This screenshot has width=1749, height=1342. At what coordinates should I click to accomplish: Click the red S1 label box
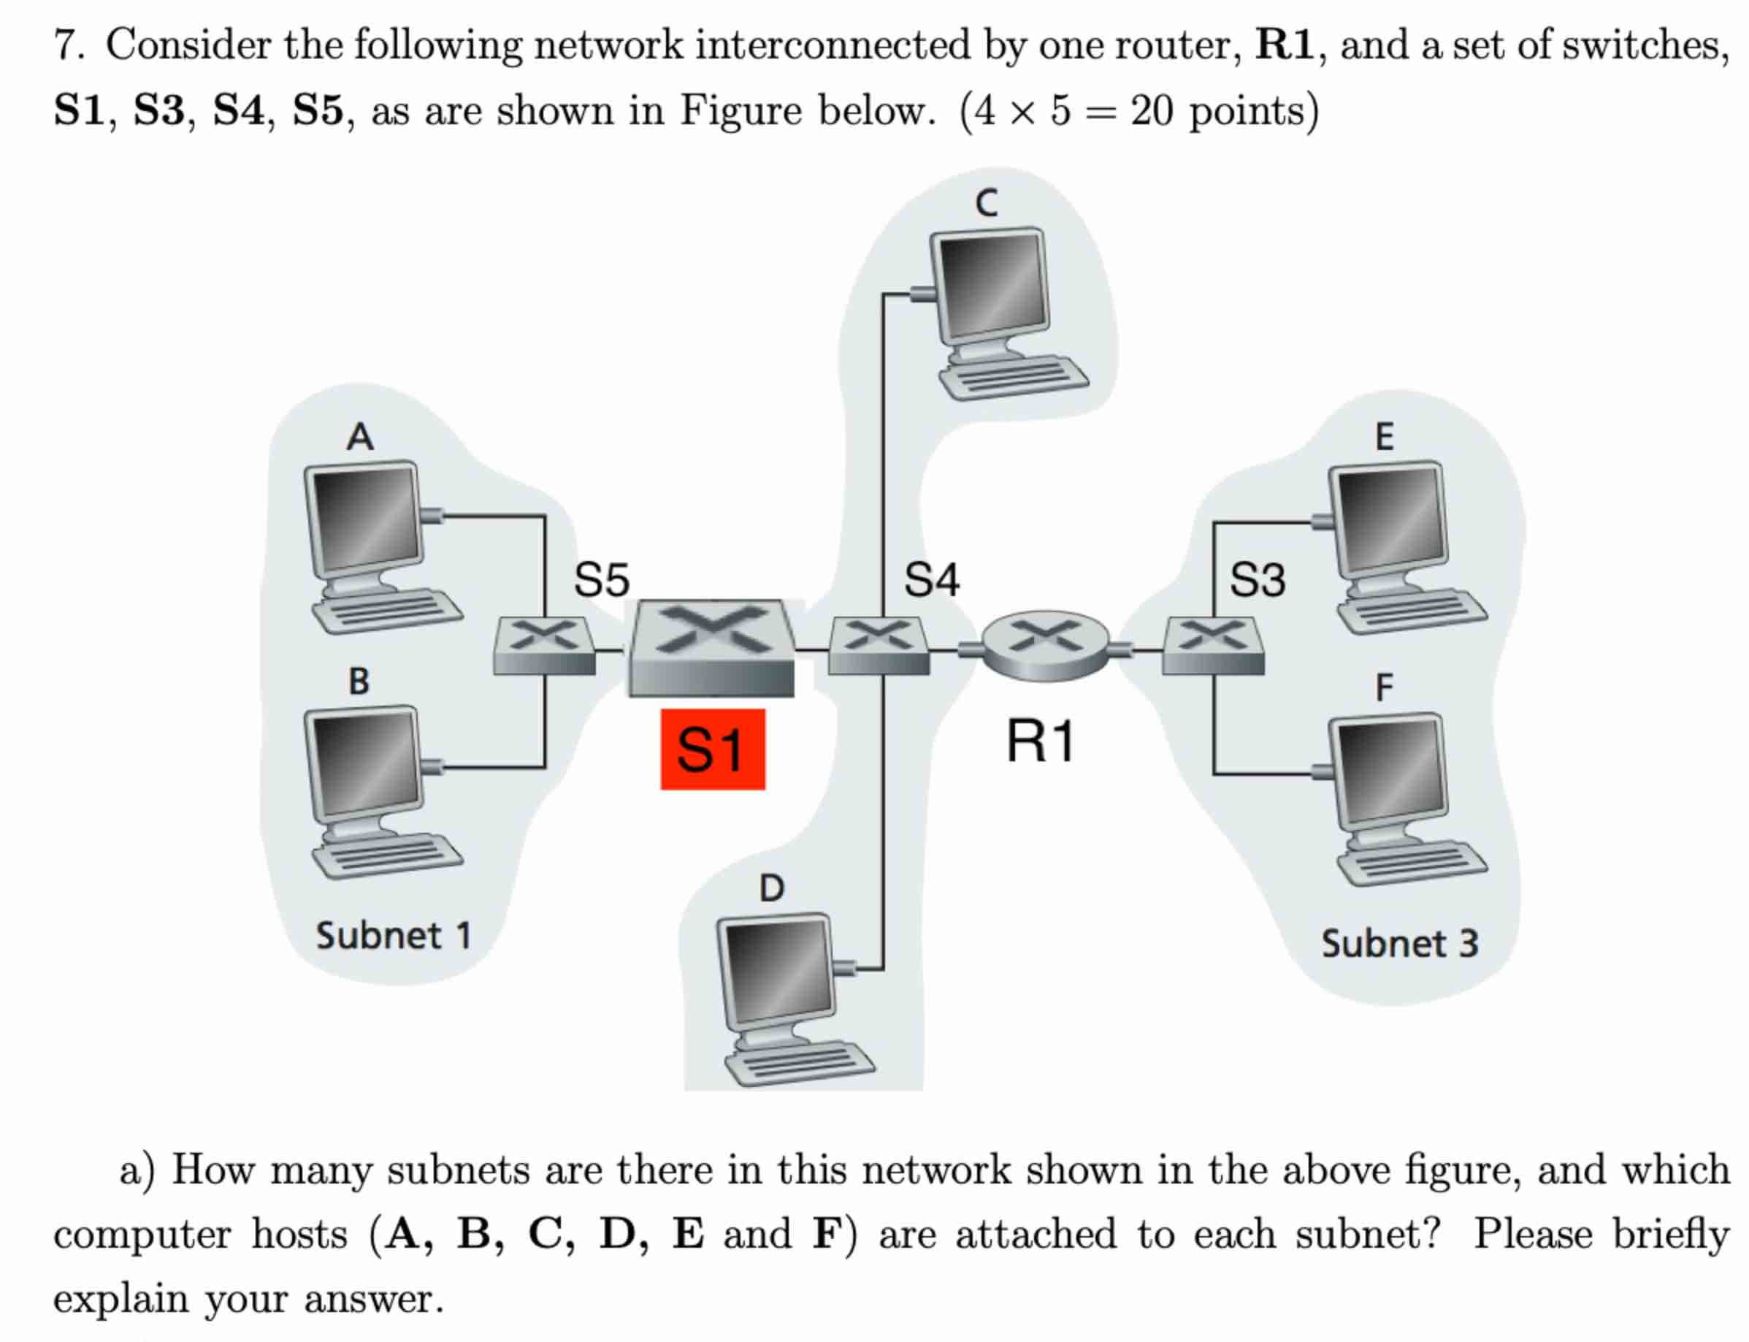(712, 750)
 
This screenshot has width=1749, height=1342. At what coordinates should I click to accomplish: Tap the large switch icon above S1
(711, 648)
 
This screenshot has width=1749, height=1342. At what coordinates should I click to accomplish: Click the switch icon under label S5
(544, 646)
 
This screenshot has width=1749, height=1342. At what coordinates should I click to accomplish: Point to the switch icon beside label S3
(1213, 646)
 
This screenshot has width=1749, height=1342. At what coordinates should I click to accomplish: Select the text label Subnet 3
(1400, 944)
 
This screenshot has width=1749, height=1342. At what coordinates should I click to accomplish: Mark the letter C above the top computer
(987, 203)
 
